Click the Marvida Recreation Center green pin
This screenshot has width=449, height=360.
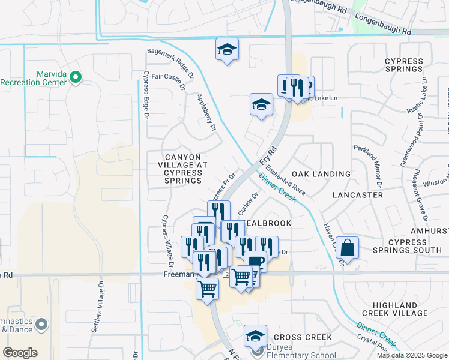(x=76, y=77)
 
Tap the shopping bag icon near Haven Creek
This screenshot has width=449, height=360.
(x=347, y=247)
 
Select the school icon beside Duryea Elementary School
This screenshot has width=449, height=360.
(x=256, y=335)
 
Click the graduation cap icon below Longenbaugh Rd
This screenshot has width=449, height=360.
(x=227, y=49)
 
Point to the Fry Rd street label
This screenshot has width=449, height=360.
(x=268, y=155)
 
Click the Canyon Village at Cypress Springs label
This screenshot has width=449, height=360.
(x=183, y=169)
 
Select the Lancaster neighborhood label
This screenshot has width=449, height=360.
(x=357, y=195)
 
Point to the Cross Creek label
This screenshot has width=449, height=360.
(x=303, y=337)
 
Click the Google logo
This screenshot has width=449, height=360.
(x=20, y=352)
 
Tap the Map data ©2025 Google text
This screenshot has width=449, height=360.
(x=412, y=355)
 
